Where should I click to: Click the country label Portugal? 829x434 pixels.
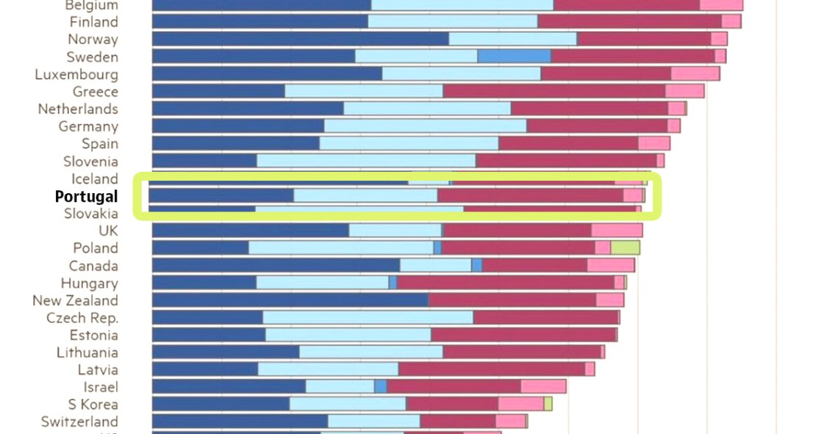(x=86, y=197)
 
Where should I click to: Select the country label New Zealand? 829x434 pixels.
(x=75, y=300)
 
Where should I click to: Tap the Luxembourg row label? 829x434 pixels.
(x=76, y=74)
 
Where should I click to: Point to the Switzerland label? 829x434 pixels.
(x=79, y=422)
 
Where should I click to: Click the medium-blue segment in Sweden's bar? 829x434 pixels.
(x=514, y=57)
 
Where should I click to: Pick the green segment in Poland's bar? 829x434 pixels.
(x=625, y=247)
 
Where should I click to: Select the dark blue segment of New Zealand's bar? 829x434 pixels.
(x=290, y=300)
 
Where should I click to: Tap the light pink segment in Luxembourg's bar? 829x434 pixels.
(x=695, y=73)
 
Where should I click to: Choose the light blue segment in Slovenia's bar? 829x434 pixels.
(x=365, y=161)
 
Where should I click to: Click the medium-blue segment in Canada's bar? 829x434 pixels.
(x=477, y=265)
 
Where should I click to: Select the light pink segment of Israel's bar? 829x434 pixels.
(x=543, y=386)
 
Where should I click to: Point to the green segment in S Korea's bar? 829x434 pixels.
(x=548, y=404)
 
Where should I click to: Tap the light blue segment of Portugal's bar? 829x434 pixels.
(x=365, y=195)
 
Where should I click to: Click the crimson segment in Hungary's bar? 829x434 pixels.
(x=505, y=283)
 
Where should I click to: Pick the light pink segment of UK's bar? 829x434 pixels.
(x=617, y=231)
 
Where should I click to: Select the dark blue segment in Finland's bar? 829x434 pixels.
(x=259, y=21)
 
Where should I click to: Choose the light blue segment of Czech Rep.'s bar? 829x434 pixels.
(x=367, y=317)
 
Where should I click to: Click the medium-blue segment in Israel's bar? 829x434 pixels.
(x=380, y=386)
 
